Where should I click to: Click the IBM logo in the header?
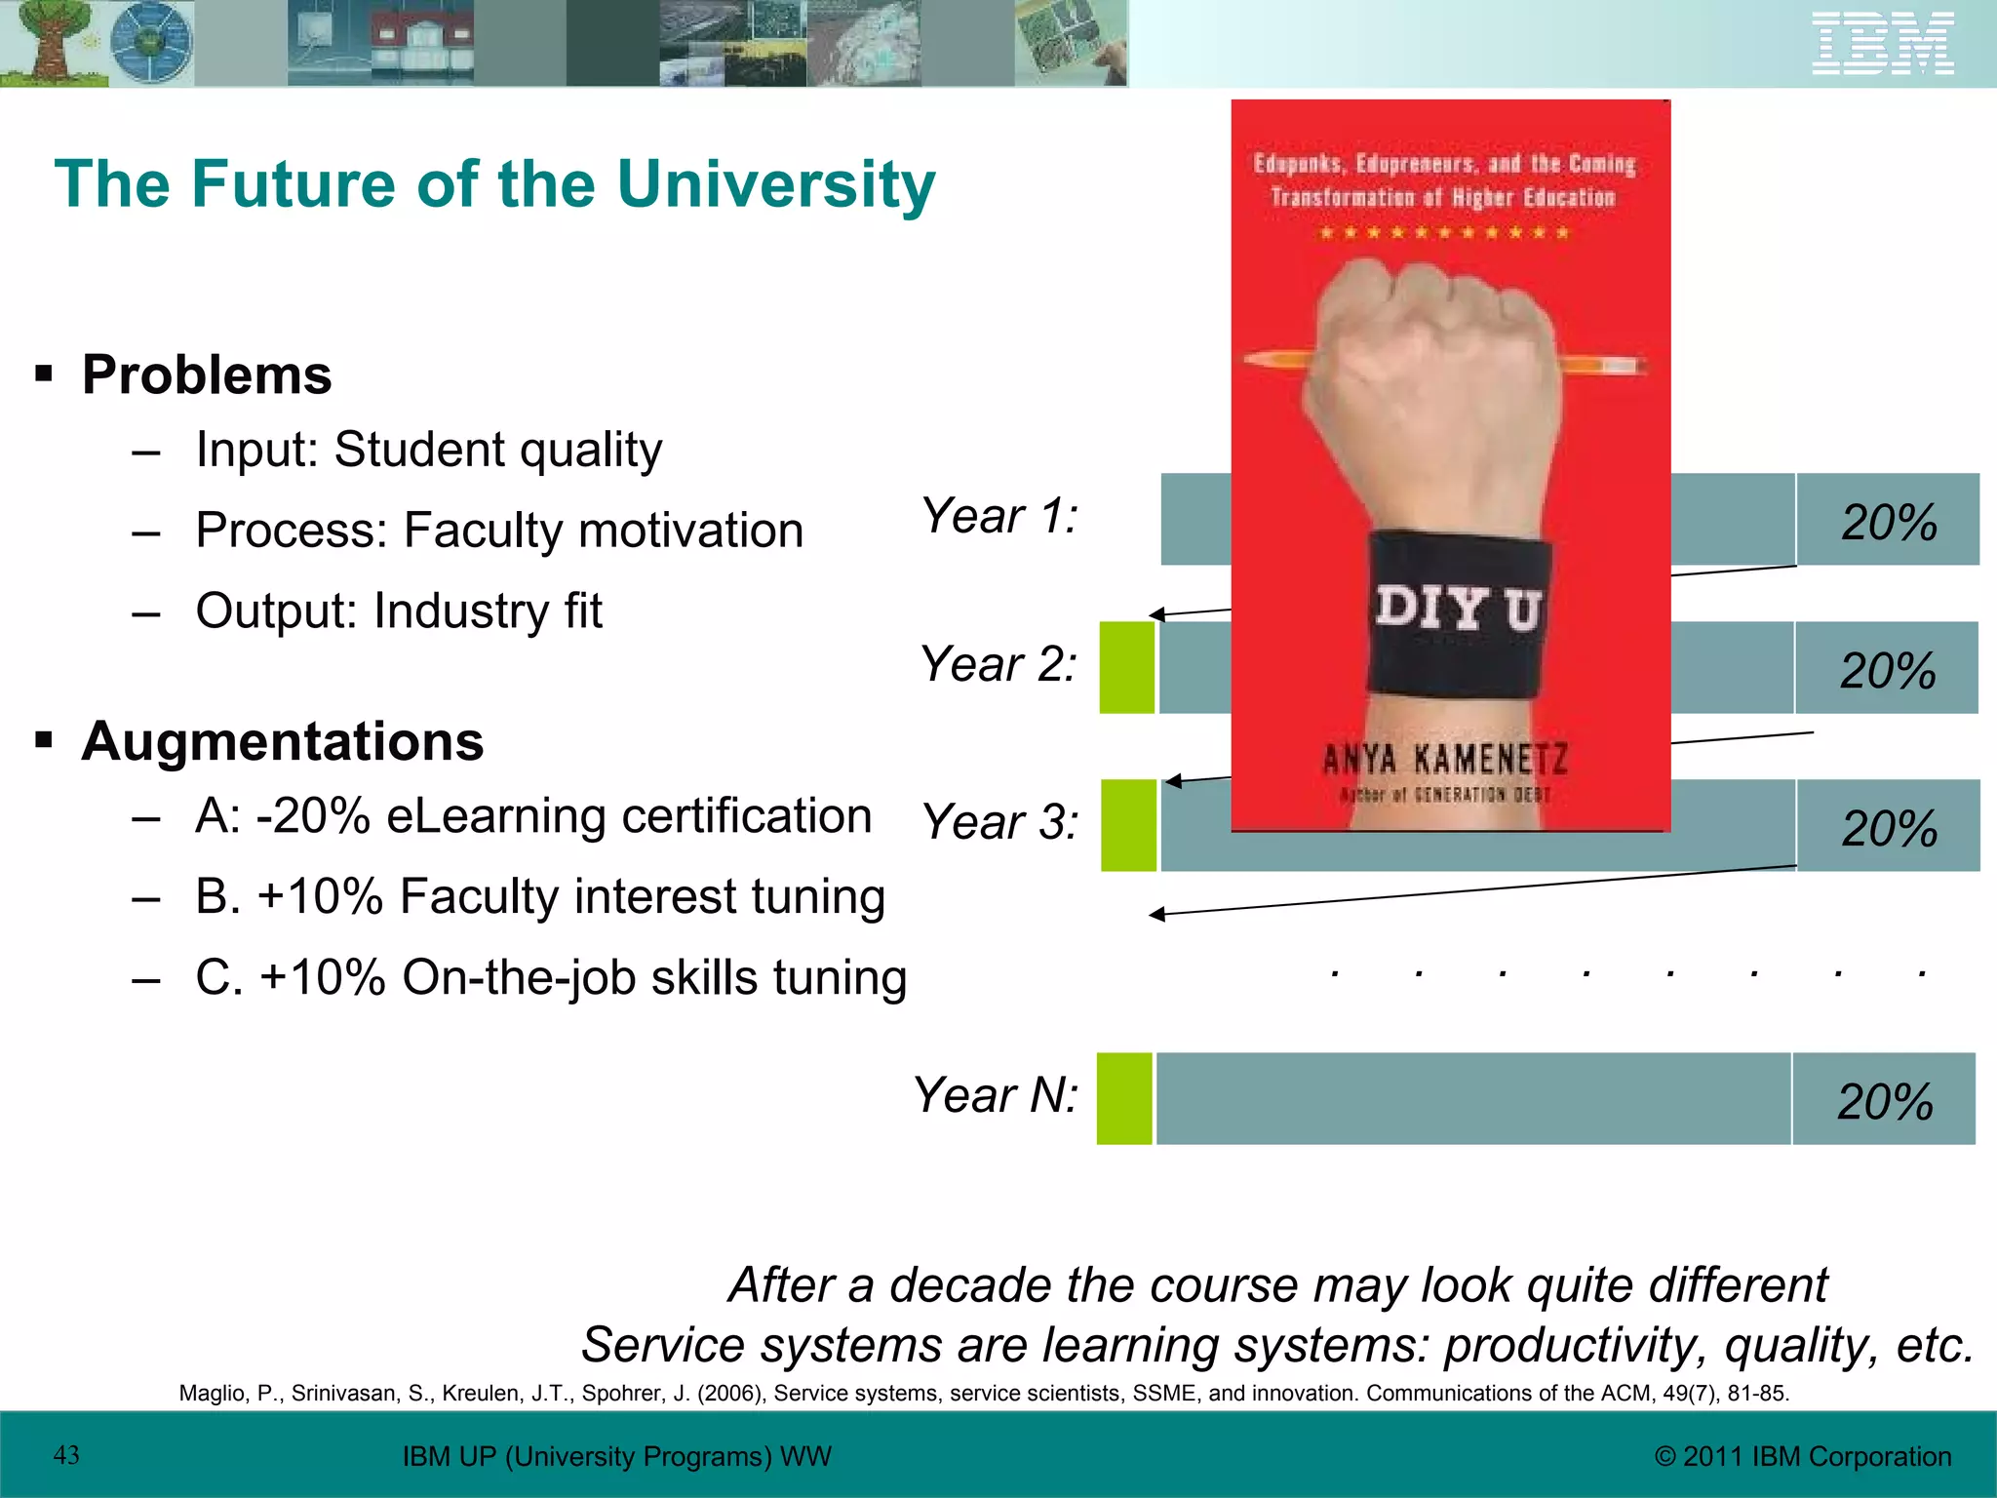pos(1882,44)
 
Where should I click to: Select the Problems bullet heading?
pos(207,375)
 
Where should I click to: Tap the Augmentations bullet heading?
pos(283,742)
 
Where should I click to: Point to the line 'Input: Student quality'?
pos(428,451)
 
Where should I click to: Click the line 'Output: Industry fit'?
pos(398,611)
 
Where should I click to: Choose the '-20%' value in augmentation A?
pos(313,816)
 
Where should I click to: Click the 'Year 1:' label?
pos(999,516)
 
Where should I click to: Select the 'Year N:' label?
pos(996,1095)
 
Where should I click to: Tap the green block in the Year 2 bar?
pos(1127,668)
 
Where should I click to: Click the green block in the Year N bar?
pos(1124,1098)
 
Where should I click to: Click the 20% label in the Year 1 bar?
pos(1889,523)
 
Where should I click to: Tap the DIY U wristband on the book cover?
pos(1459,611)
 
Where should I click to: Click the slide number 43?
pos(66,1455)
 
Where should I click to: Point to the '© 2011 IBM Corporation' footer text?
pos(1803,1456)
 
